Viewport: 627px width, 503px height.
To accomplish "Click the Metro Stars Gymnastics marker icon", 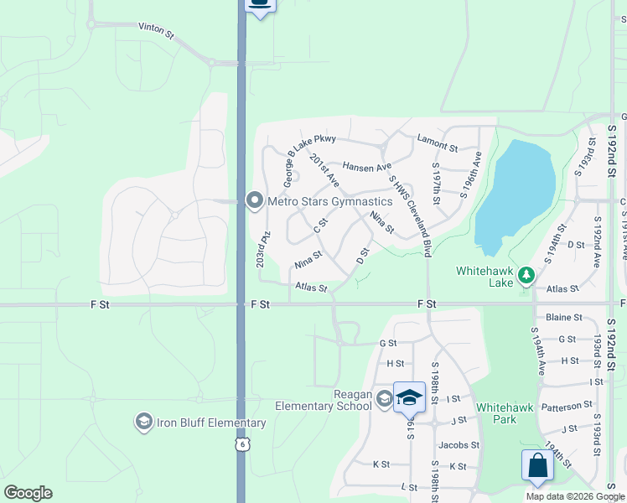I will click(254, 200).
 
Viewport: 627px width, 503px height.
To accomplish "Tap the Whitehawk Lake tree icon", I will click(526, 274).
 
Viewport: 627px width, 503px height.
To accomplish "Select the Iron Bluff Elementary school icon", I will click(143, 421).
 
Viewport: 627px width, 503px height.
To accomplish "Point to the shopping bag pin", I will click(536, 465).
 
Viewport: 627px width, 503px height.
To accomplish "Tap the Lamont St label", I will click(438, 147).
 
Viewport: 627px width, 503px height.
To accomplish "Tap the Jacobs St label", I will click(459, 445).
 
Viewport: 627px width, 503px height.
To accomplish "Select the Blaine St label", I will click(564, 318).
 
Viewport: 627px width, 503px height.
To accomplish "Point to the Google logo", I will click(28, 493).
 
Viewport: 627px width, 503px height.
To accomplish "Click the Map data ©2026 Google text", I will click(574, 496).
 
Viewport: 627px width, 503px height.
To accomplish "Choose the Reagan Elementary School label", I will click(324, 400).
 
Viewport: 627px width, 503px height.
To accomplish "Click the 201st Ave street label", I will click(324, 170).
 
